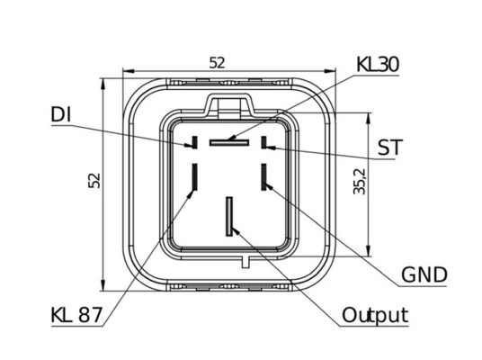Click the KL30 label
tap(378, 65)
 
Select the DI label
tap(61, 114)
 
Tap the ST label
tap(389, 148)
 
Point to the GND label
tap(424, 274)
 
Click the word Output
tap(375, 315)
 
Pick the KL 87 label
tap(76, 315)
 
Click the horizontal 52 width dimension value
tap(217, 63)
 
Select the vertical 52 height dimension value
tap(94, 181)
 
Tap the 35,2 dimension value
tap(360, 182)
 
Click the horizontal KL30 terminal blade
tap(229, 142)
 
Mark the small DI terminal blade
tap(194, 142)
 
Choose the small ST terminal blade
tap(263, 142)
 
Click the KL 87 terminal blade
tap(194, 177)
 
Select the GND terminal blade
tap(263, 177)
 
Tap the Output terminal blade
tap(229, 217)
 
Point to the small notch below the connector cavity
tap(245, 262)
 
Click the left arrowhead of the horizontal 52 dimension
tap(129, 71)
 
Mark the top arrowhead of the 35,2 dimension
tap(369, 119)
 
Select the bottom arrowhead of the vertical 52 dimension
tap(103, 285)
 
